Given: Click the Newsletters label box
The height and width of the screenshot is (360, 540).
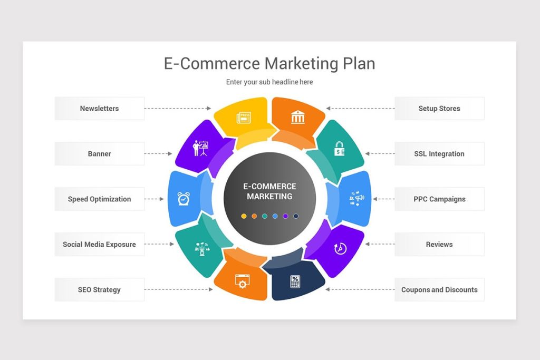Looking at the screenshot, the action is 99,109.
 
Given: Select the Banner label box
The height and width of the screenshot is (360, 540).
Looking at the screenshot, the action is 99,153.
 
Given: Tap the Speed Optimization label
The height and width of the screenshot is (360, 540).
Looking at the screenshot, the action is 99,199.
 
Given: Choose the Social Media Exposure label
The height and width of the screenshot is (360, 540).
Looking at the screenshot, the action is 99,245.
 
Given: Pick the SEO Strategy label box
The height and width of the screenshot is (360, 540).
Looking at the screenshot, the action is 99,290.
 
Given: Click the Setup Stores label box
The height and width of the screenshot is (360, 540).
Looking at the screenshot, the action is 439,109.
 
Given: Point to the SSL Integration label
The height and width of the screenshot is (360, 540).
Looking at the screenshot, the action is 439,153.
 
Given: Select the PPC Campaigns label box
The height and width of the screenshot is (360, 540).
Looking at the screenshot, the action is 439,199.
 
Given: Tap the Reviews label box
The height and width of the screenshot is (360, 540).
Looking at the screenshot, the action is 439,245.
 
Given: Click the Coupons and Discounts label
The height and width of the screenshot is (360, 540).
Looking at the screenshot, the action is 439,290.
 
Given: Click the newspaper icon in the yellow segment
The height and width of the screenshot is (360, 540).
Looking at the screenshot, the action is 244,118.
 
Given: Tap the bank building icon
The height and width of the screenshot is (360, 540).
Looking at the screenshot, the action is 298,117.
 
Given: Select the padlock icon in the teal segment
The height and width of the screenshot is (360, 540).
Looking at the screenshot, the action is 339,149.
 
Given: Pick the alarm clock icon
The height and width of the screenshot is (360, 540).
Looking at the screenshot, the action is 184,199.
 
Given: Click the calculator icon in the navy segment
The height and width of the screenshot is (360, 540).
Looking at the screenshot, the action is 295,281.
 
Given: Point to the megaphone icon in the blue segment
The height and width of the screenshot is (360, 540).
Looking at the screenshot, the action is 357,198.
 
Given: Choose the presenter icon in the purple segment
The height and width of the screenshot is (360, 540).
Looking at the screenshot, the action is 200,148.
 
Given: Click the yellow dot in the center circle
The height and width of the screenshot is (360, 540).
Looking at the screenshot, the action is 244,216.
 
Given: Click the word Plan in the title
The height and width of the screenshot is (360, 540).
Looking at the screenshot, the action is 359,64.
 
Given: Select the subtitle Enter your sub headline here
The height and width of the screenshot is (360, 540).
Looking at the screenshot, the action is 269,82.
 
